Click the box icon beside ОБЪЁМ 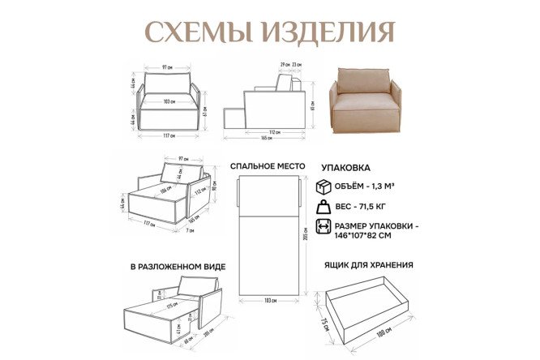pos(324,186)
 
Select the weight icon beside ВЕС pos(324,208)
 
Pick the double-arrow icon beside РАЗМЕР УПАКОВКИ pos(324,229)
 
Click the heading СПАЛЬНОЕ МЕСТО pos(267,166)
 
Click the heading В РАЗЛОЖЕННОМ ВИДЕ pos(177,266)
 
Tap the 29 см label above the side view pos(285,64)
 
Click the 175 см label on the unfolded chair pos(172,306)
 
